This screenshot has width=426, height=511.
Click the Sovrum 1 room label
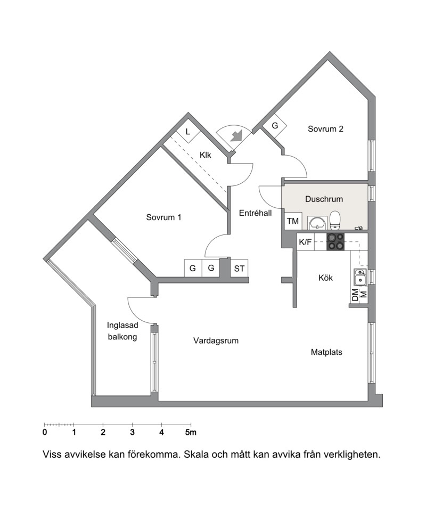tap(163, 217)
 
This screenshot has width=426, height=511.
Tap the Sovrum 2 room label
tap(325, 129)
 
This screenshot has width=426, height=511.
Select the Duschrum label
tap(324, 199)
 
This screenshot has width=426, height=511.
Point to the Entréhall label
tap(256, 213)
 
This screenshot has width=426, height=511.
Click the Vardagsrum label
tap(216, 340)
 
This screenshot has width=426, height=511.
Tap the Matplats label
tap(326, 352)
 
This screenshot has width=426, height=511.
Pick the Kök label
tap(325, 278)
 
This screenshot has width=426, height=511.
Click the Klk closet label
tap(205, 155)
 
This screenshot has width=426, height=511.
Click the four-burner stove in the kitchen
tap(335, 242)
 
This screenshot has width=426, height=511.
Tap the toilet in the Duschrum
tap(335, 220)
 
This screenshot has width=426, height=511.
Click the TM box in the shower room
tap(293, 221)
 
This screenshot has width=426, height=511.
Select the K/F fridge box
tap(305, 242)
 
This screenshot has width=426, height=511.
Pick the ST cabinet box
tap(239, 268)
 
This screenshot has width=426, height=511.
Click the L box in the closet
tap(188, 131)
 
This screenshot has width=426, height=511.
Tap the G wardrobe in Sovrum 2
tap(275, 125)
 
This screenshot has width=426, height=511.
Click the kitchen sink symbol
tap(359, 277)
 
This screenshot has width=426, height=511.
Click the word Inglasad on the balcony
tap(122, 325)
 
